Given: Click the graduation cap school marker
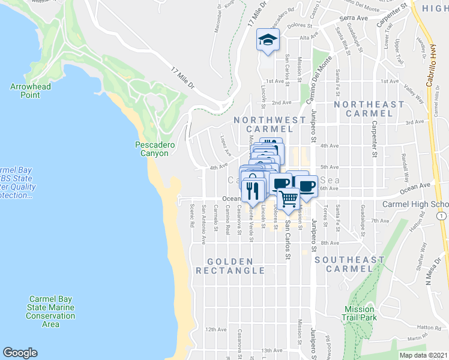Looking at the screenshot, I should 268,40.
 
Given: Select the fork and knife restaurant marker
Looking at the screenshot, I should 253,190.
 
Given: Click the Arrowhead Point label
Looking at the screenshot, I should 31,91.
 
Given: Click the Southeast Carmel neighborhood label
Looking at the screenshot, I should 349,264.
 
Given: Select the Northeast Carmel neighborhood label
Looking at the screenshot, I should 369,109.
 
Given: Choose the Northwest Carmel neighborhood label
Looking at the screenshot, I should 270,124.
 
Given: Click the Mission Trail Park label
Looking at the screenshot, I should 360,313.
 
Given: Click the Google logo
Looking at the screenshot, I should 20,353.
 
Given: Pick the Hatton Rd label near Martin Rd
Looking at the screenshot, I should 429,328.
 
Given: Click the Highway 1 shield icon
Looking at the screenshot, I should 441,215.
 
